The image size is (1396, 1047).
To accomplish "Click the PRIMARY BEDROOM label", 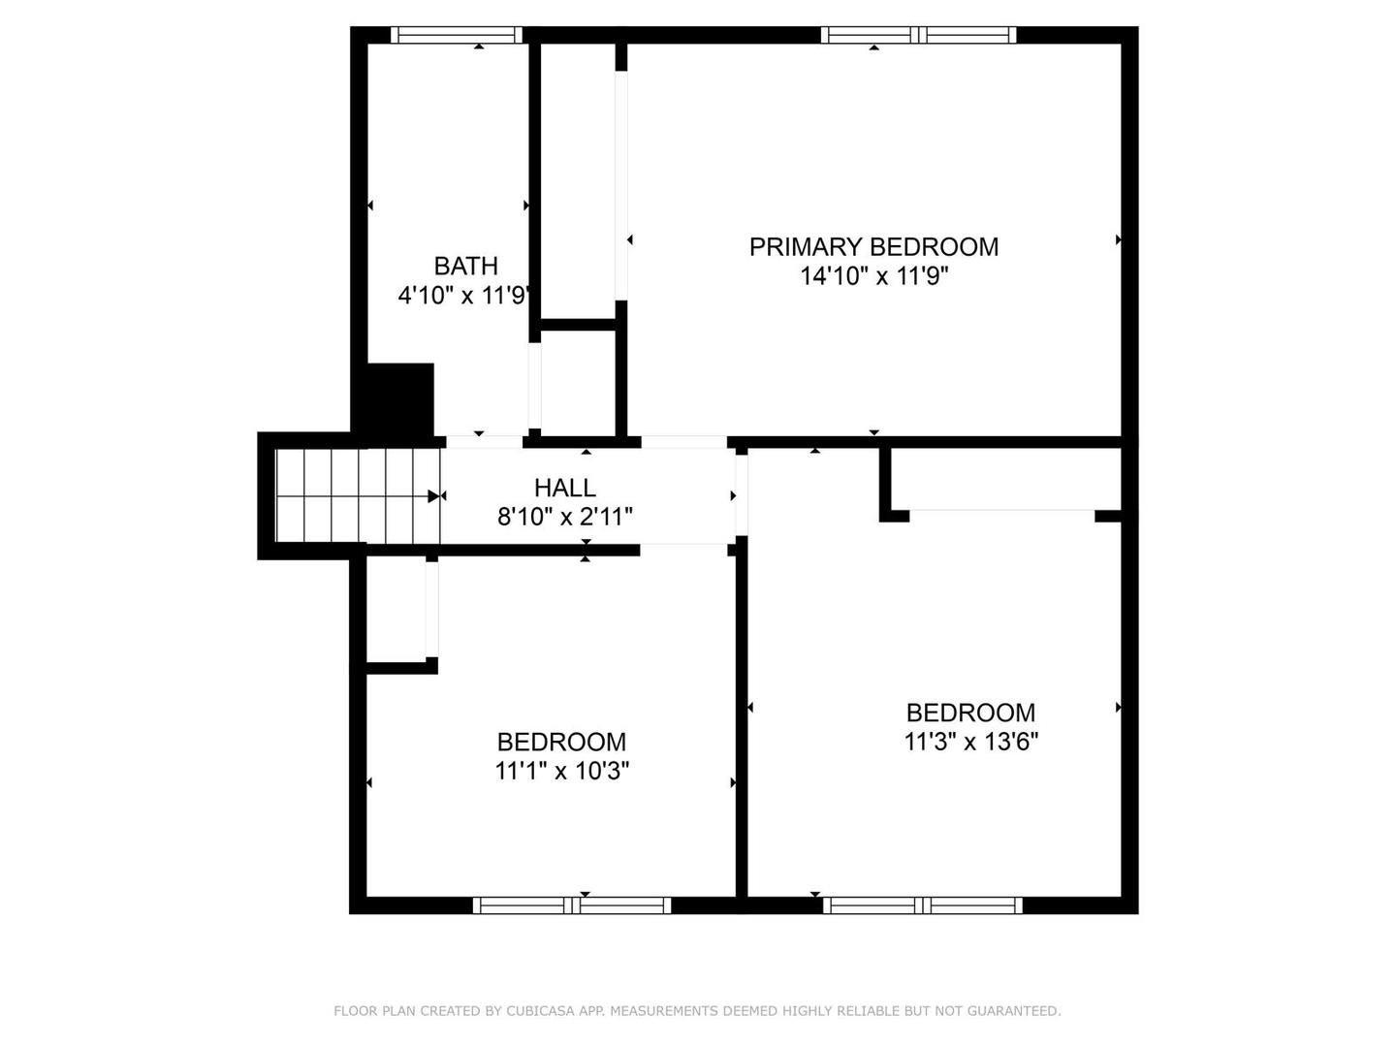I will pyautogui.click(x=873, y=247).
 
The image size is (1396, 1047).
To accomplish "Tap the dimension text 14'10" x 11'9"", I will pyautogui.click(x=873, y=276).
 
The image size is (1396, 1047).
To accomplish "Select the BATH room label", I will pyautogui.click(x=465, y=266).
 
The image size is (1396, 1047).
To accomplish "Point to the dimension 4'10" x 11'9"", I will pyautogui.click(x=463, y=296).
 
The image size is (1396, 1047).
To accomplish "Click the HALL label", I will pyautogui.click(x=564, y=488).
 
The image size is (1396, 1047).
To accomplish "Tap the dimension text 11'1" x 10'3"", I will pyautogui.click(x=561, y=772).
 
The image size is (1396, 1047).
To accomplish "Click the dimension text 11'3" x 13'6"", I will pyautogui.click(x=970, y=743).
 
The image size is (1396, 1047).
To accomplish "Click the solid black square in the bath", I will pyautogui.click(x=397, y=399).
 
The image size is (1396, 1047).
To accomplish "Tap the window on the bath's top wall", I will pyautogui.click(x=457, y=35).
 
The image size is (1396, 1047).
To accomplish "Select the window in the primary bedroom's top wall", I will pyautogui.click(x=918, y=35).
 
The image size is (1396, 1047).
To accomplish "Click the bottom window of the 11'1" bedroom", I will pyautogui.click(x=572, y=905).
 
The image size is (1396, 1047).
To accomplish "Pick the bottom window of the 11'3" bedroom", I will pyautogui.click(x=923, y=905).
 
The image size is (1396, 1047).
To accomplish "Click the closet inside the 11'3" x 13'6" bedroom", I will pyautogui.click(x=1004, y=479).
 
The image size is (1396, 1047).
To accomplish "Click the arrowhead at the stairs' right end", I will pyautogui.click(x=433, y=496).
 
